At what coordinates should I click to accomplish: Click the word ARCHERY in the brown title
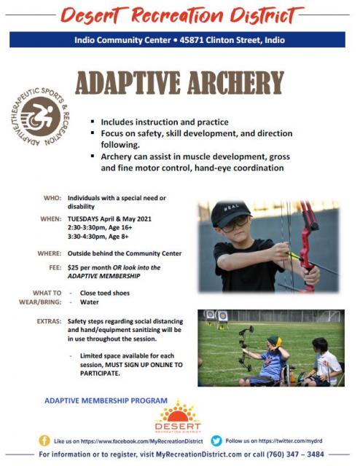click(x=235, y=82)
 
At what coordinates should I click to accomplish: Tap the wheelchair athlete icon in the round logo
click(x=41, y=116)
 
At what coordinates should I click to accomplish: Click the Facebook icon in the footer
click(x=44, y=441)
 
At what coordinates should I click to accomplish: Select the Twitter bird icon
click(x=216, y=441)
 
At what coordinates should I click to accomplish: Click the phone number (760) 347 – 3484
click(x=294, y=454)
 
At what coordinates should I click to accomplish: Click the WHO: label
click(x=52, y=198)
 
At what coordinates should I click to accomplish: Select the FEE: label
click(x=55, y=267)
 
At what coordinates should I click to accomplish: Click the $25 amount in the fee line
click(x=73, y=267)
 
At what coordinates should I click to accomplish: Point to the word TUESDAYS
click(x=83, y=219)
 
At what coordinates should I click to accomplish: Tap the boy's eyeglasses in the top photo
click(x=235, y=224)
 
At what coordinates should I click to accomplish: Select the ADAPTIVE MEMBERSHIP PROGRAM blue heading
click(x=106, y=400)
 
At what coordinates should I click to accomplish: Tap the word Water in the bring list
click(x=89, y=302)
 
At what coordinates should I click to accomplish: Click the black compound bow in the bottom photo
click(x=246, y=348)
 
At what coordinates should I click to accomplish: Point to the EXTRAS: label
click(x=49, y=321)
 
